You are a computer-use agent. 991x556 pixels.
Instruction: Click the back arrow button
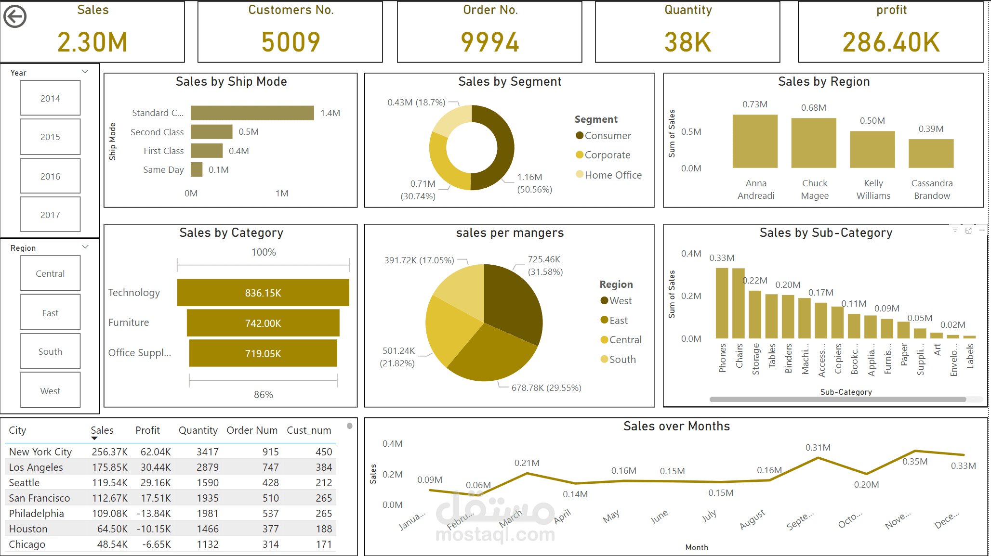15,17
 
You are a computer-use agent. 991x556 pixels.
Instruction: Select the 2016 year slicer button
50,176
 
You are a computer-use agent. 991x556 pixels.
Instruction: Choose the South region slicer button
50,351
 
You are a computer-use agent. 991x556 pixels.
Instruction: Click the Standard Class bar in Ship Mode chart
252,113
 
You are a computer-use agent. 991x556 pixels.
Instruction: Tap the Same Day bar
197,169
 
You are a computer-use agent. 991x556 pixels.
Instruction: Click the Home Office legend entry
608,175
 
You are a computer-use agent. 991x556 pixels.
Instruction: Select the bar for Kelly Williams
872,149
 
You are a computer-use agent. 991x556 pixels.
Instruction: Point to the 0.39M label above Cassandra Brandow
931,129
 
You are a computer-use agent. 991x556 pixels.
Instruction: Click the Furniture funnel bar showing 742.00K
263,323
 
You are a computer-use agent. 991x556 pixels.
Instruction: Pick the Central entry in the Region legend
621,340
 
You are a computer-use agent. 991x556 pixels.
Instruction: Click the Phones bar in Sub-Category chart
722,303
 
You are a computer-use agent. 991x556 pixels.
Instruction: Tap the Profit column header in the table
147,430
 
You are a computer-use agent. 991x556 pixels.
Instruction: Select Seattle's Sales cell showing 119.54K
110,482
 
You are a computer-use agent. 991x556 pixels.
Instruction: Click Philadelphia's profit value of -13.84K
154,513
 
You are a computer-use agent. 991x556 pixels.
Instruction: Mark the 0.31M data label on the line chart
818,447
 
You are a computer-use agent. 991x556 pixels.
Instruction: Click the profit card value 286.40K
891,42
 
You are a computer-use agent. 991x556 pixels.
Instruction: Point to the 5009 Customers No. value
291,42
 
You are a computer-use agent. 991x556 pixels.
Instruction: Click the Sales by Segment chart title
510,81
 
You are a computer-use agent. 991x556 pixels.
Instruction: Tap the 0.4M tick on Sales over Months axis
392,443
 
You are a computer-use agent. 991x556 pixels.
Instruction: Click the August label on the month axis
753,519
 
